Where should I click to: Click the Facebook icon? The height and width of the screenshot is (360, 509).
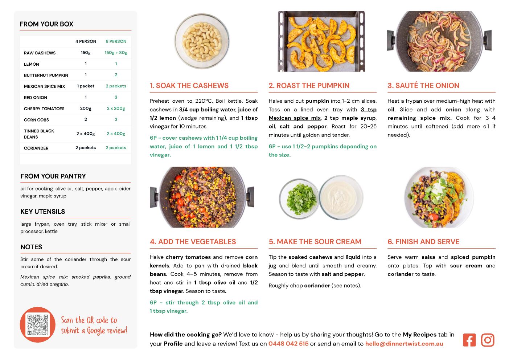click(469, 340)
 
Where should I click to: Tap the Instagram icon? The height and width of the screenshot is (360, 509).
click(488, 340)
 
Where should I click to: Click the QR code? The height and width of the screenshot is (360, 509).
click(37, 324)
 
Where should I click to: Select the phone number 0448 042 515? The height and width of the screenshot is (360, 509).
click(288, 344)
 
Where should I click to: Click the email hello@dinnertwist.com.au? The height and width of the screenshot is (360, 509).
click(404, 344)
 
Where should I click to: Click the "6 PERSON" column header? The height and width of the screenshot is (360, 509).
click(116, 41)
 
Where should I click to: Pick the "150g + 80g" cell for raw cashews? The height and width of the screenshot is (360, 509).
click(116, 53)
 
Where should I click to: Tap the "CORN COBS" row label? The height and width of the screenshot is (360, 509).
click(36, 120)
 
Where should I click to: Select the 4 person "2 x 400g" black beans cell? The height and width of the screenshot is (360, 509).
click(86, 134)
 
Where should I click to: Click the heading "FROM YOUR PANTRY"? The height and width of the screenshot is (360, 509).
click(53, 176)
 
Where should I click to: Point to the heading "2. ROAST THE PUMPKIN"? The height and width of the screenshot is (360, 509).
click(309, 85)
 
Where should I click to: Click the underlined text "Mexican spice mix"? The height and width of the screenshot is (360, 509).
click(295, 118)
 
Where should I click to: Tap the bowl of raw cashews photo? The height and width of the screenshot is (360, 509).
click(202, 41)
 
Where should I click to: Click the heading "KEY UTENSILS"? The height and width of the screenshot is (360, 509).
click(43, 212)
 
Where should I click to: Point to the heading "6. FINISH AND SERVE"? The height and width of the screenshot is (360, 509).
click(423, 242)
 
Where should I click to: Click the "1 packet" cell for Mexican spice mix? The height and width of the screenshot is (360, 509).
click(86, 86)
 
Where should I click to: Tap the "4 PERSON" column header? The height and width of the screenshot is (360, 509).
click(86, 41)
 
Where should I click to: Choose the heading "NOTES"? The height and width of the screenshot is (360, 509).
click(31, 247)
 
